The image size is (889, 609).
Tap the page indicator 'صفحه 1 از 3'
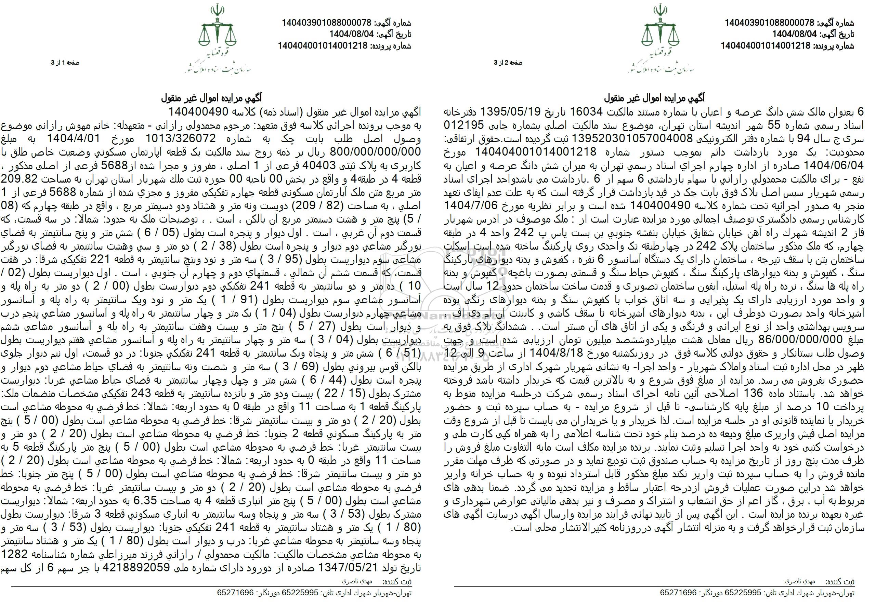point(65,63)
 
